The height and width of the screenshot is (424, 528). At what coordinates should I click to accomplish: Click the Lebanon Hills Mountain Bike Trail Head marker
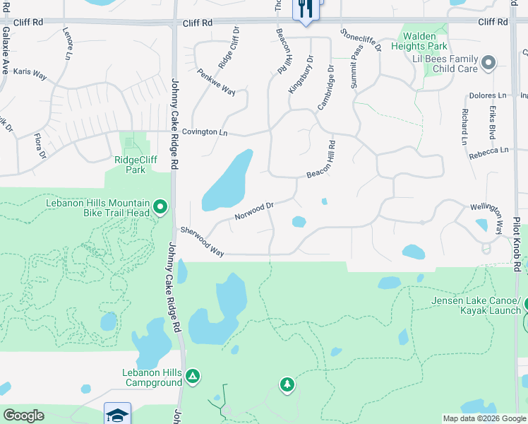[x=160, y=207]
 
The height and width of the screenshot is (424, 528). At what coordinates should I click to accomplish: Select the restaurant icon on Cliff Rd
[x=305, y=9]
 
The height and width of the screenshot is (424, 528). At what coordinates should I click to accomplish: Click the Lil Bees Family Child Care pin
[x=488, y=65]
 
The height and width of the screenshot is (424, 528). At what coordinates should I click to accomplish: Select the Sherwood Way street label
[x=202, y=242]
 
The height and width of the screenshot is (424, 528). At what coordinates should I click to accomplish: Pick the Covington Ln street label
[x=205, y=132]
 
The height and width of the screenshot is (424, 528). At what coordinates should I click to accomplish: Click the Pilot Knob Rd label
[x=517, y=245]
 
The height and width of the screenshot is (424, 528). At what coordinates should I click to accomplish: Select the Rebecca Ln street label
[x=488, y=151]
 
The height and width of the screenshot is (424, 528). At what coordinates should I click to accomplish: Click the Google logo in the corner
[x=23, y=416]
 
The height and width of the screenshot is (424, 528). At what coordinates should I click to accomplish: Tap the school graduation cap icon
[x=117, y=414]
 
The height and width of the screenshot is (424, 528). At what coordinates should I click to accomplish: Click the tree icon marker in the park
[x=287, y=384]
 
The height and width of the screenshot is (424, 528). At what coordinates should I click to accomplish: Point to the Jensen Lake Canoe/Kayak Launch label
[x=476, y=305]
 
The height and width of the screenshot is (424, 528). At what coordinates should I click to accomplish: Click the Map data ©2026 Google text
[x=484, y=418]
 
